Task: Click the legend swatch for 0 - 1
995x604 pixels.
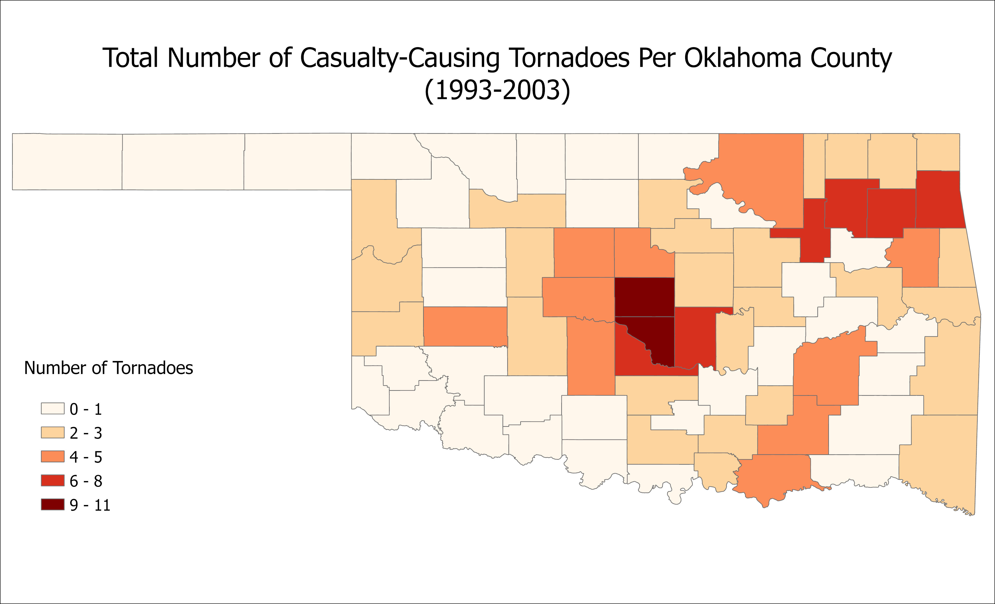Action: click(x=53, y=409)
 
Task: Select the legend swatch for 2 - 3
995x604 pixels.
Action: click(x=53, y=433)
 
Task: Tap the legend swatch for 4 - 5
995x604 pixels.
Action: click(x=53, y=457)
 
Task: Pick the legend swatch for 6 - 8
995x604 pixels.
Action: click(x=53, y=480)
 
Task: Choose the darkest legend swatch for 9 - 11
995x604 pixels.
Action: click(x=53, y=505)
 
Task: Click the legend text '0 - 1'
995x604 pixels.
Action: click(x=86, y=409)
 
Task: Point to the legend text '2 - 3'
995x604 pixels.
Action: click(x=86, y=433)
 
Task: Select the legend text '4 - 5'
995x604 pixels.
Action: click(x=86, y=457)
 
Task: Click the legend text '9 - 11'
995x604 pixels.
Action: click(x=90, y=505)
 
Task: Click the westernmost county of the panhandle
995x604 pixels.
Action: click(x=67, y=162)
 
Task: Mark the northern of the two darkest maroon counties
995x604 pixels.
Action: click(x=644, y=297)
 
